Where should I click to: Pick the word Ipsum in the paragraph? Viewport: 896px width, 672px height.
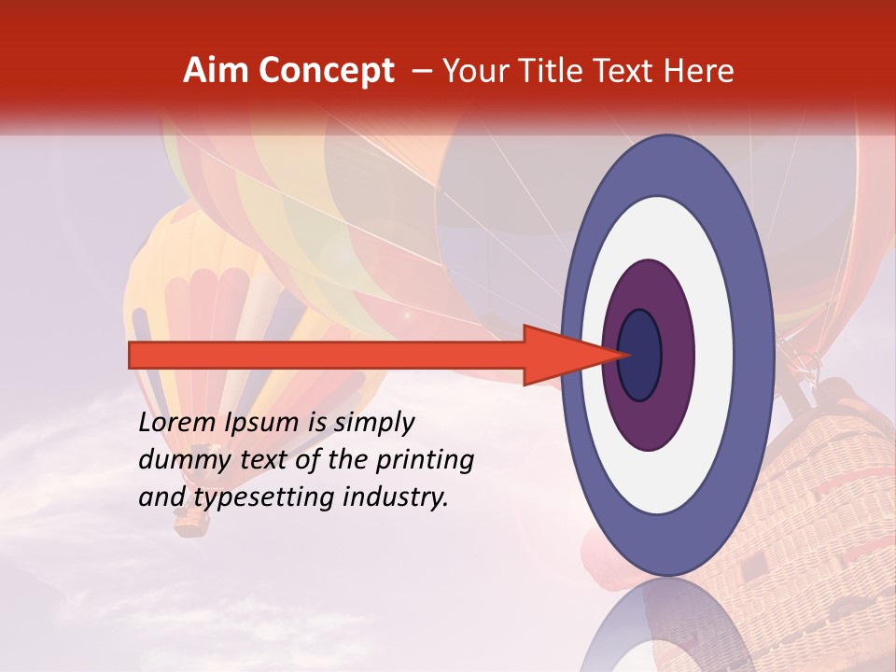[260, 424]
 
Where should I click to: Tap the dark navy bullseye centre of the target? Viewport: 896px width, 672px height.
[640, 356]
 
